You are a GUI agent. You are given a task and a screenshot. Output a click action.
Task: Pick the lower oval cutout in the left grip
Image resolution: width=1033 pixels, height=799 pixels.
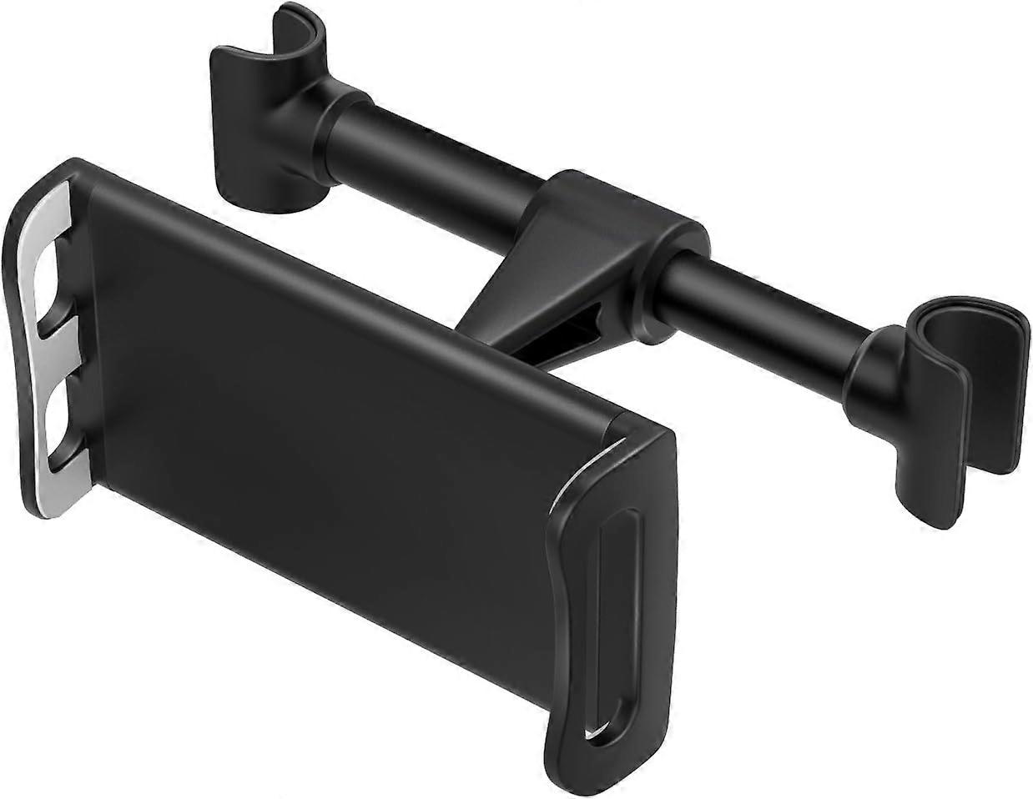click(58, 417)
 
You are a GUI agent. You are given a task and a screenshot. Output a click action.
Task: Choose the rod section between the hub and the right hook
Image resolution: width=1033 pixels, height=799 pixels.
click(768, 292)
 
